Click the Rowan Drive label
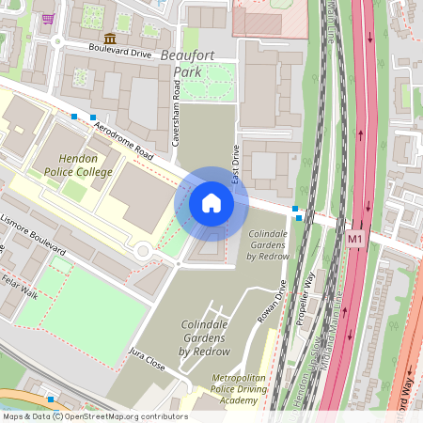point(270,299)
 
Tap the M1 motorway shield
point(354,239)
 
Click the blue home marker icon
point(211,203)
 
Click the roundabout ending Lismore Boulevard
point(144,251)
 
